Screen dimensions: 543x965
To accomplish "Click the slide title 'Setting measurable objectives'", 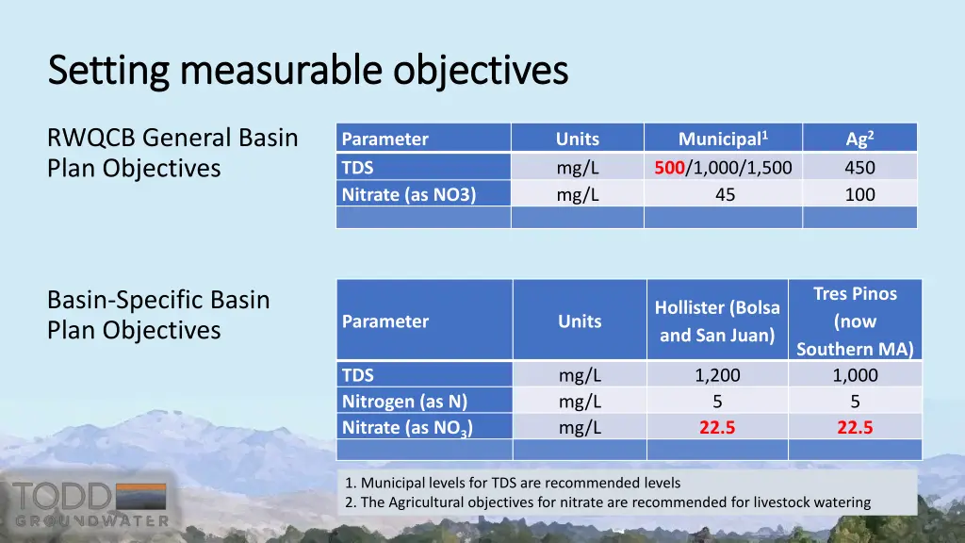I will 307,70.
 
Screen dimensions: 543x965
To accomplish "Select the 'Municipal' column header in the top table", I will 723,139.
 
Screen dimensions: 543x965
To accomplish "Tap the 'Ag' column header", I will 859,139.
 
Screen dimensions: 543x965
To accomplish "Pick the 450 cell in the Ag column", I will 859,168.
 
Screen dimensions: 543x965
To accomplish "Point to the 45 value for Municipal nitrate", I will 724,195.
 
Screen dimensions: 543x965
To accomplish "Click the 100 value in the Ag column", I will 859,195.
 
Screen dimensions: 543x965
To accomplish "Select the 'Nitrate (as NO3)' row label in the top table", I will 408,195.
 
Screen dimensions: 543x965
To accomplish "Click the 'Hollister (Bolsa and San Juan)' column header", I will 717,321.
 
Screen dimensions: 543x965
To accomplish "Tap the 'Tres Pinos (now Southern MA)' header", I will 855,321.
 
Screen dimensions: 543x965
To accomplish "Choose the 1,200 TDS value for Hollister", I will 717,375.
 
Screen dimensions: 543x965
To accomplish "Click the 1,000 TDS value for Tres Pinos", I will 855,375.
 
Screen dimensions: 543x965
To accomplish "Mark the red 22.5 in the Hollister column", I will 717,427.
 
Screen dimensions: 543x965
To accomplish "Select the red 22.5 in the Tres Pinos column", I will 855,427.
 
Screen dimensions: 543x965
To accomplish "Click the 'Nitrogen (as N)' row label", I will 404,402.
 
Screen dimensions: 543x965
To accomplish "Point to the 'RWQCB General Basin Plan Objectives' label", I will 172,153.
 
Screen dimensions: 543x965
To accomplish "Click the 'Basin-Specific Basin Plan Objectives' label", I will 158,315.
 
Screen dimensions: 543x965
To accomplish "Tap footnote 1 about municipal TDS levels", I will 513,483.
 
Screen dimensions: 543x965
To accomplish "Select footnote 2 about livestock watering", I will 608,502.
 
